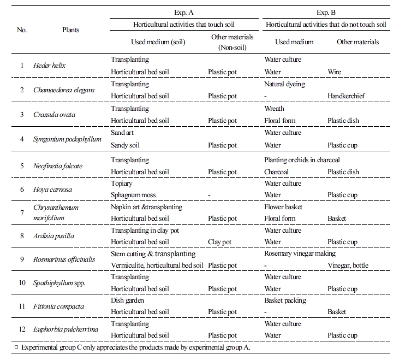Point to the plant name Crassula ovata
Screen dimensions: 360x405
(x=55, y=115)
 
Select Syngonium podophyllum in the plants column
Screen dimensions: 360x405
(x=68, y=139)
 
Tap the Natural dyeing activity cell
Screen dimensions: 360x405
(x=284, y=85)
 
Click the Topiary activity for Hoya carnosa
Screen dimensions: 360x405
(x=122, y=184)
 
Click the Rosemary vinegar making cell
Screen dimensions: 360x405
(x=300, y=253)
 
